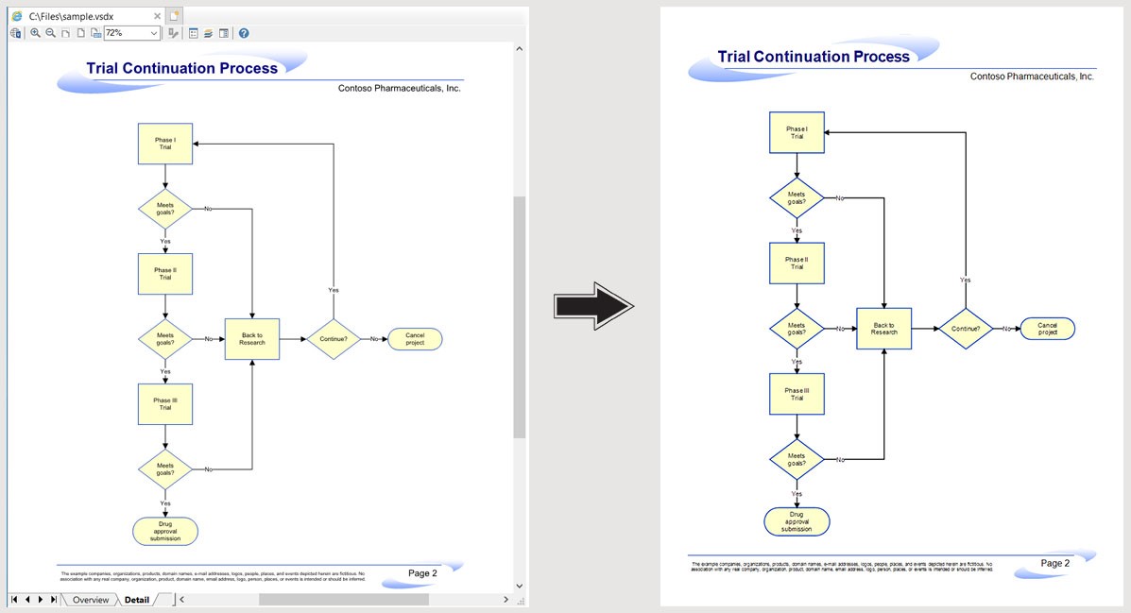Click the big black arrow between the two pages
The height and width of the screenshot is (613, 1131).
pos(593,306)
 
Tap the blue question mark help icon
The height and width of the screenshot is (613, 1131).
pos(244,33)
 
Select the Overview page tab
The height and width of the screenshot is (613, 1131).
pos(91,600)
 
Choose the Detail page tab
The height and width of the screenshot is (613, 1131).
pos(136,600)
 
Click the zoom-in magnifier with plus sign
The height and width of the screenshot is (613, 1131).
pos(35,33)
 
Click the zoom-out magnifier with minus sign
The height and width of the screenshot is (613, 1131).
pos(50,33)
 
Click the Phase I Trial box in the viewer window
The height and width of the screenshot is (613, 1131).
pos(165,144)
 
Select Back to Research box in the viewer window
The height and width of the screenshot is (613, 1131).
pos(252,339)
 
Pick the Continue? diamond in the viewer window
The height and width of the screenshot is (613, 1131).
pos(334,339)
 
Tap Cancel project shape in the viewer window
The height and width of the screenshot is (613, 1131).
pos(415,339)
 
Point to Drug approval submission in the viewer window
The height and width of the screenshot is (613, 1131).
pos(165,531)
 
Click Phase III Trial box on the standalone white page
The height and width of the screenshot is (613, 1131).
pos(797,394)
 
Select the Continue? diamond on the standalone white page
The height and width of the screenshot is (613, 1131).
pos(965,329)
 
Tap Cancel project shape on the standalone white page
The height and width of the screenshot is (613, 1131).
pos(1047,329)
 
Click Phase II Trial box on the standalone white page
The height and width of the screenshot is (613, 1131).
pos(797,264)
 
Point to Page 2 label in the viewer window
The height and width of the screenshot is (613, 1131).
pos(422,573)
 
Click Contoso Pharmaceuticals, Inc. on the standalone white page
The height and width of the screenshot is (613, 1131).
pos(1032,77)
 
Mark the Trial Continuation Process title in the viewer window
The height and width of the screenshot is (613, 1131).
pos(181,68)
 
